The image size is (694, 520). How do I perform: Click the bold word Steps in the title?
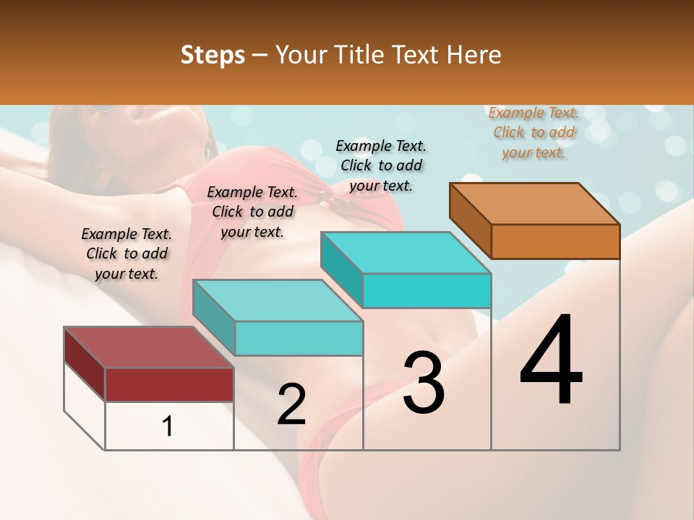213,55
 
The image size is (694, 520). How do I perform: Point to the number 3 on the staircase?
424,383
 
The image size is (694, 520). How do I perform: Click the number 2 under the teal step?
291,404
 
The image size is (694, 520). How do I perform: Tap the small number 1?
168,427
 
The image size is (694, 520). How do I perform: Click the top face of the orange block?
535,204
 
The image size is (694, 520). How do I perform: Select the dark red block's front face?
169,384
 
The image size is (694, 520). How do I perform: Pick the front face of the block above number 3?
427,291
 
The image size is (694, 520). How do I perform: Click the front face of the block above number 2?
299,338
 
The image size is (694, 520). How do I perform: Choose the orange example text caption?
534,133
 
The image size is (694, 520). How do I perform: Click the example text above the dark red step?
127,253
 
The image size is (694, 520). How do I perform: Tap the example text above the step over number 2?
252,212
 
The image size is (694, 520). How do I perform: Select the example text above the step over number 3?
381,165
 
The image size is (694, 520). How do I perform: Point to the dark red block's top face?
148,347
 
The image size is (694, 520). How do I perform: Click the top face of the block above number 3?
405,253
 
